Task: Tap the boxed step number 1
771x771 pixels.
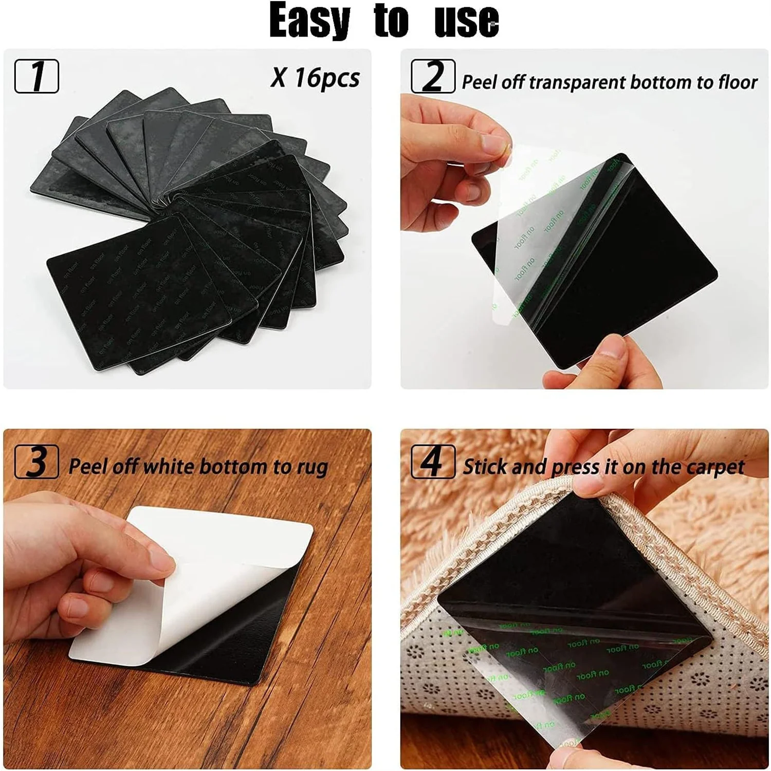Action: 36,76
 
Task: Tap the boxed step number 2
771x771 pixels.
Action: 433,76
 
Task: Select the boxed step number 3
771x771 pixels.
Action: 36,462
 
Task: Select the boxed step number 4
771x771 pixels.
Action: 433,462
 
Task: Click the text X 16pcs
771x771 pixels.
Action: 315,78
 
